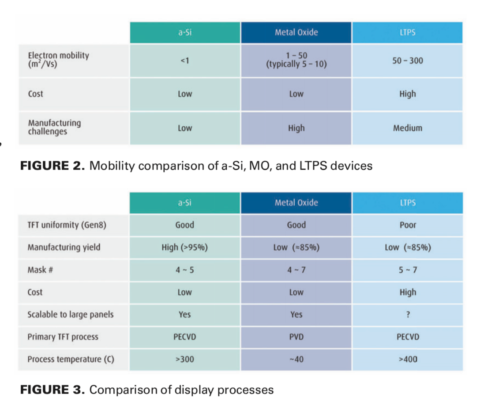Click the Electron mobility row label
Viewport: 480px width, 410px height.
point(58,60)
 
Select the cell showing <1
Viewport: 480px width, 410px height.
point(185,61)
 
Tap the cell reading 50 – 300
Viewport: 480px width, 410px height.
point(407,61)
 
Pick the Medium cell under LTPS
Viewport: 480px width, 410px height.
point(407,128)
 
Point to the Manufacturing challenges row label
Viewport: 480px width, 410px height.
point(54,127)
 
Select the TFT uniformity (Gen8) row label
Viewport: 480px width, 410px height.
point(67,225)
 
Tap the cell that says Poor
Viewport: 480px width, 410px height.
point(407,225)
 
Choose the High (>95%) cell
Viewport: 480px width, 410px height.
point(184,247)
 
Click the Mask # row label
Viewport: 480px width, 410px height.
point(40,270)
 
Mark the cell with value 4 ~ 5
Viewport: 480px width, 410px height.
point(184,270)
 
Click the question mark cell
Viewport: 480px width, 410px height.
point(408,315)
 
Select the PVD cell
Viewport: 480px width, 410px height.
point(296,337)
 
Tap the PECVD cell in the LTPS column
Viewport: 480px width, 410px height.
point(407,337)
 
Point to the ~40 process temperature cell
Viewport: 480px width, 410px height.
point(296,360)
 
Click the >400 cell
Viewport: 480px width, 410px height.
point(407,360)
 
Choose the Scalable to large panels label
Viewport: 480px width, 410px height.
point(70,315)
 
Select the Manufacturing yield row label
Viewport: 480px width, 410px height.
point(64,247)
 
